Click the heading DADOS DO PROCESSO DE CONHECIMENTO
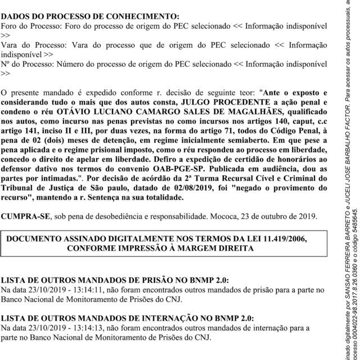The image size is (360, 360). click(x=91, y=17)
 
